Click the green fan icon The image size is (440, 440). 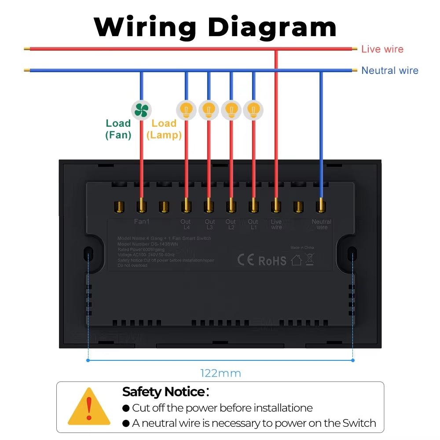[141, 110]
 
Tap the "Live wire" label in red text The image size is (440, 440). [382, 49]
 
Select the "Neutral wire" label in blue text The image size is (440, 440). [389, 70]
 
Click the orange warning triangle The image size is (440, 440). [89, 407]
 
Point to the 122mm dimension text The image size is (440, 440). [221, 374]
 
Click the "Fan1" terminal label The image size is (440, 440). [142, 222]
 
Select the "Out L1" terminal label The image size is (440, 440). [253, 224]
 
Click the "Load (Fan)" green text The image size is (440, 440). [118, 129]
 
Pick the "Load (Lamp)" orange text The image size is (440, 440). [164, 129]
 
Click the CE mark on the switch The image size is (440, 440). [246, 260]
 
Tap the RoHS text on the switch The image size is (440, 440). [272, 260]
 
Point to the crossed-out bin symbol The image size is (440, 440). [309, 259]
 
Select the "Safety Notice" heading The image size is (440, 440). [164, 392]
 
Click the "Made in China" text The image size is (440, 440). [302, 248]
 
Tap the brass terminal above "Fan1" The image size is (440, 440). [142, 205]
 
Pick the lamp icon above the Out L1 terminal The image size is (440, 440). [253, 110]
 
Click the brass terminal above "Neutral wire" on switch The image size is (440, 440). [321, 205]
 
